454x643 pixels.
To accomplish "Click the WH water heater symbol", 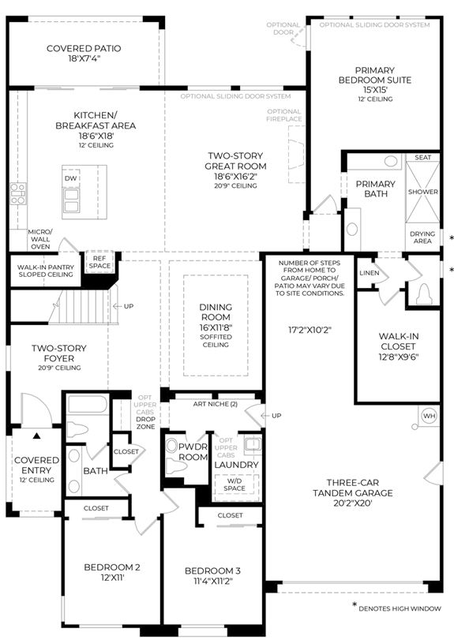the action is (429, 416).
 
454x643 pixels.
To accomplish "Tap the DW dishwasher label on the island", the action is (70, 178).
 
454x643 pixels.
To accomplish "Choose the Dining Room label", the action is (216, 312).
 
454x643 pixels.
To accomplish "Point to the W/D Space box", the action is (235, 484).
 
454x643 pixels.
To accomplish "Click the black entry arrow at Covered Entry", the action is (36, 436).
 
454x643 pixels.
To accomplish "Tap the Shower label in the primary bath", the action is (422, 192).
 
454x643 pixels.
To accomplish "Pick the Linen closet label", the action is (369, 273).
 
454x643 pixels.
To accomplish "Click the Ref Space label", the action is (99, 262).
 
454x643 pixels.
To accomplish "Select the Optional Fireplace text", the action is (284, 115).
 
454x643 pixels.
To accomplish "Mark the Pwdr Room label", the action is (193, 451).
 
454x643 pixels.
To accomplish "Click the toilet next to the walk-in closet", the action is (422, 293).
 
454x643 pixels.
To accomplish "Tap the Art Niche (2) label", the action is (216, 404).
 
